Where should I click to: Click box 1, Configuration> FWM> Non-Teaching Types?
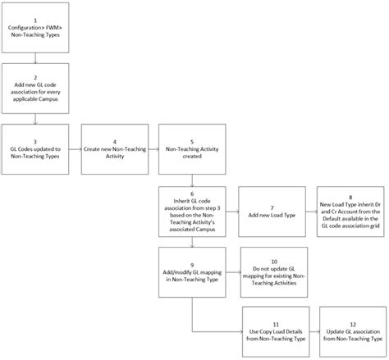coord(35,28)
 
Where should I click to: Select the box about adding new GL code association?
coord(35,89)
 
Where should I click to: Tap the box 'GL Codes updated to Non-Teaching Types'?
coord(35,149)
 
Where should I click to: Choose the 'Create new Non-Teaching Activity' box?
coord(115,149)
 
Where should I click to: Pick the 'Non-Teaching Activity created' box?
coord(192,149)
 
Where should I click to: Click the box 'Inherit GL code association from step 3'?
coord(192,212)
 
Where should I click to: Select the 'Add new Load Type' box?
coord(272,212)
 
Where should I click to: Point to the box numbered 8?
coord(350,212)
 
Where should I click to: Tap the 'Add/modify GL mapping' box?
coord(192,272)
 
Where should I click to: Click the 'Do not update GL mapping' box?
coord(274,272)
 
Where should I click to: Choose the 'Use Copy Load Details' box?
coord(276,331)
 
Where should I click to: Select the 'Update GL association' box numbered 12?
coord(353,331)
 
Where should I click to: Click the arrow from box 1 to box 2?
coord(35,58)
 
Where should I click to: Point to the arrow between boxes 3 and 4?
coord(76,149)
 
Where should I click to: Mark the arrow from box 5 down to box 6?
coord(192,180)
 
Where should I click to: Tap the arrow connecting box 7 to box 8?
coord(311,212)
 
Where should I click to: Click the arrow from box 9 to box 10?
coord(233,272)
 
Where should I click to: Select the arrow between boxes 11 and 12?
coord(314,331)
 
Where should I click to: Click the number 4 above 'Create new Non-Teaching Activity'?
coord(115,142)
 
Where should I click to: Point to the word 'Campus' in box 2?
coord(48,99)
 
